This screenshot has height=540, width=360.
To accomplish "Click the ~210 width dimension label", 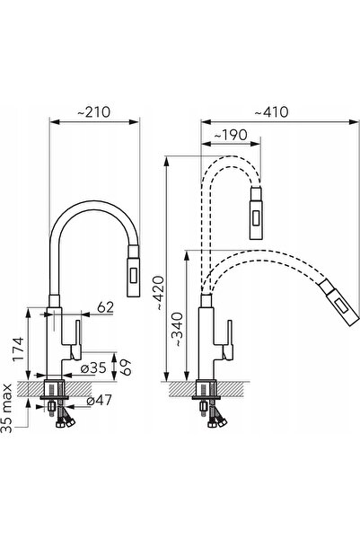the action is (x=93, y=112).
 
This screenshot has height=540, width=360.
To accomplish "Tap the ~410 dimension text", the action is (x=271, y=112).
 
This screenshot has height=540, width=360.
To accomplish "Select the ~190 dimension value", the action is (x=231, y=135).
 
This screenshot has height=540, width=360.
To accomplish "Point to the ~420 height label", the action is (x=159, y=293).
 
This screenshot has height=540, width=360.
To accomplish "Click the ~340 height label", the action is (x=178, y=329).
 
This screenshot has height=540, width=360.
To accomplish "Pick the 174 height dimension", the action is (x=18, y=349).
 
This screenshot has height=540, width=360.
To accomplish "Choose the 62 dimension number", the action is (x=105, y=307).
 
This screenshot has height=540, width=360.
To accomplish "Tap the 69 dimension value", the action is (x=126, y=367).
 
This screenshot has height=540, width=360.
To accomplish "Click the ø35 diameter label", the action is (x=93, y=367).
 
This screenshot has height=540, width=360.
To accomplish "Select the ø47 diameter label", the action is (x=99, y=400).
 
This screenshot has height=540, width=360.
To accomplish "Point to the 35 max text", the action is (x=7, y=408).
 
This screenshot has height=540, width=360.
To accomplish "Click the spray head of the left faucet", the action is (x=134, y=270).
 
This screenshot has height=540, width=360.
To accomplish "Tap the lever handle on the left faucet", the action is (x=76, y=341).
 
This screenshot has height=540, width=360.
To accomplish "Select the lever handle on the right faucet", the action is (x=228, y=341).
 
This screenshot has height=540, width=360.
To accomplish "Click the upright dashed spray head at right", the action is (x=256, y=213).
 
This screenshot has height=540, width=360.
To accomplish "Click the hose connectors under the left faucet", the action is (x=66, y=421).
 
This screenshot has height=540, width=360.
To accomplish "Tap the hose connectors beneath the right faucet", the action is (x=217, y=421).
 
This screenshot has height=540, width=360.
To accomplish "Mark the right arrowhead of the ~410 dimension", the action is (x=354, y=121).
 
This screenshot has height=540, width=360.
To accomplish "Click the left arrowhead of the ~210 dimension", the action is (x=55, y=121).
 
